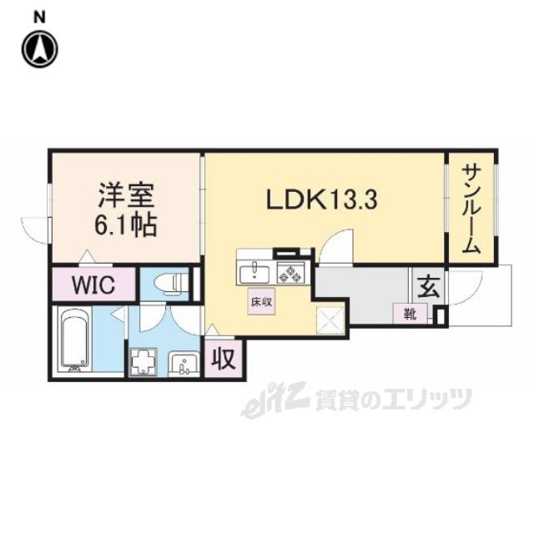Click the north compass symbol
point(40,48)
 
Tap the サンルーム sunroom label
point(471,209)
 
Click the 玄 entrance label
point(426,287)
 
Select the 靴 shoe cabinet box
point(412,314)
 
